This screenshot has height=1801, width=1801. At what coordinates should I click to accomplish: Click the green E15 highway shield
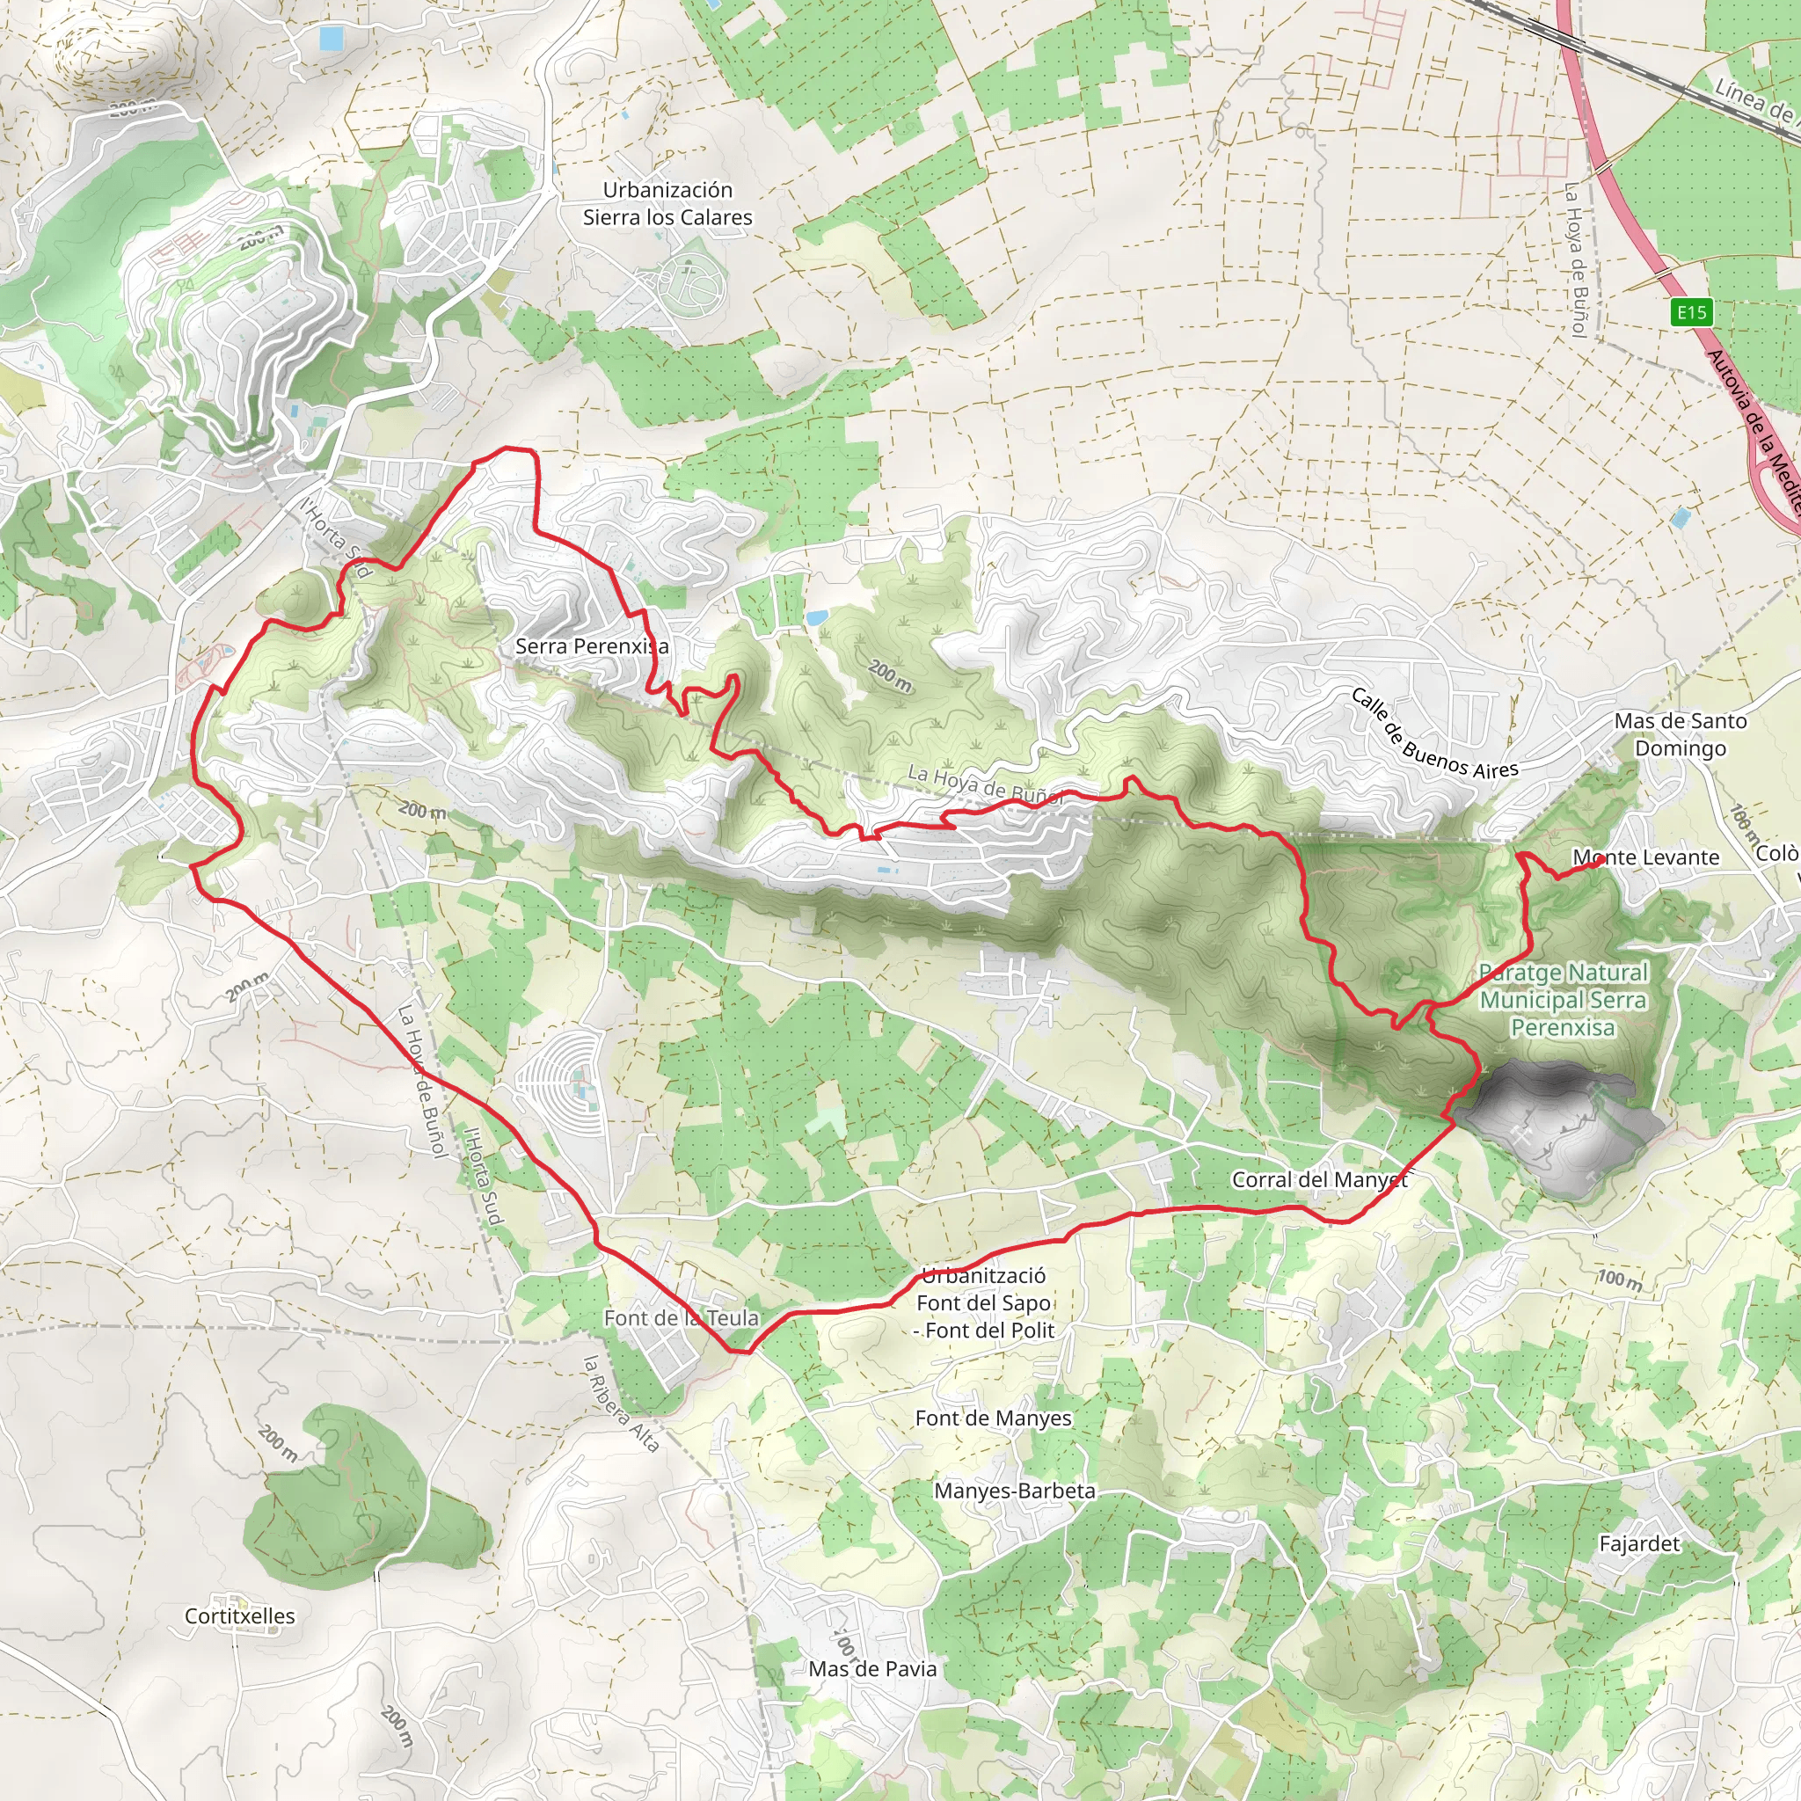(1691, 312)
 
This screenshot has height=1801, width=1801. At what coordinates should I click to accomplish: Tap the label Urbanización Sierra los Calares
(667, 203)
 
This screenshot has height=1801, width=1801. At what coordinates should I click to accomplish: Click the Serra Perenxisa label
(592, 646)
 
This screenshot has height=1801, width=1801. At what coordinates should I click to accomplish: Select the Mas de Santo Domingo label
(1681, 734)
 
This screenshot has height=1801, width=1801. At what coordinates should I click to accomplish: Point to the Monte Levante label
(1646, 857)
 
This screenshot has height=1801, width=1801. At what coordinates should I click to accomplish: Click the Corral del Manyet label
(1320, 1180)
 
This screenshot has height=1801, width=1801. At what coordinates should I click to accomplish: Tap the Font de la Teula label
(682, 1318)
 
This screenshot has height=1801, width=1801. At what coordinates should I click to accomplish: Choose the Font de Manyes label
(993, 1418)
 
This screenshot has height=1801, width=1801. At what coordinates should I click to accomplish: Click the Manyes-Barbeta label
(1014, 1491)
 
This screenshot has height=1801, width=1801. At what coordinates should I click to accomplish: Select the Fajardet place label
(1639, 1543)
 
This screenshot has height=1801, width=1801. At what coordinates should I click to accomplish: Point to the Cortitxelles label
(239, 1616)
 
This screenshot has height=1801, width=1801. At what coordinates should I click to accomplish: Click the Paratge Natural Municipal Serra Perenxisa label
(1564, 999)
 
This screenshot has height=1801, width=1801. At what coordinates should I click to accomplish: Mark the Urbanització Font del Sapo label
(984, 1302)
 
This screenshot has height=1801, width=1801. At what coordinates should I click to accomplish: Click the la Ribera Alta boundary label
(621, 1404)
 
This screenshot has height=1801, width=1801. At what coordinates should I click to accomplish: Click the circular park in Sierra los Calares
(690, 278)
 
